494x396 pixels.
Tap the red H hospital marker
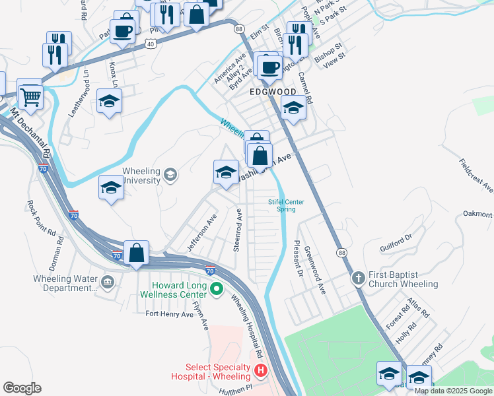tap(260, 371)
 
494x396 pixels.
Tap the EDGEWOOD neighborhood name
tap(273, 92)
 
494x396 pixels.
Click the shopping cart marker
tap(30, 97)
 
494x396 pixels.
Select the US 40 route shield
tap(151, 44)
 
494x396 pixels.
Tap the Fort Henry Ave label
tap(169, 313)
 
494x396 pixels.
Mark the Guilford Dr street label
tap(396, 242)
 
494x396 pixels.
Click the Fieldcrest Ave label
tap(475, 174)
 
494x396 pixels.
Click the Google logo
tap(22, 388)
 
